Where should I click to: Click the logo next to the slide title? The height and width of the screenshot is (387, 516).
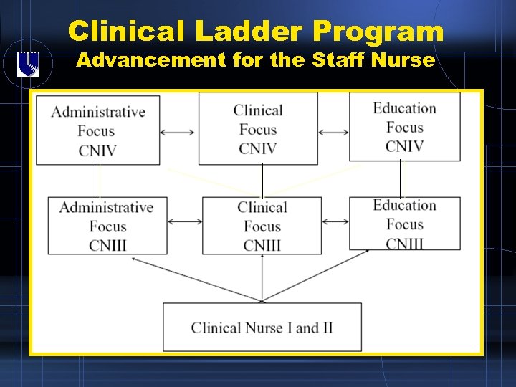click(x=28, y=64)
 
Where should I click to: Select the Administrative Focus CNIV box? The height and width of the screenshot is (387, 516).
click(x=98, y=130)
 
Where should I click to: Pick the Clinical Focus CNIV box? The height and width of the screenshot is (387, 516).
click(x=258, y=129)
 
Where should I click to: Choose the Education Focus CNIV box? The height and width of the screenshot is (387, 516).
click(x=404, y=127)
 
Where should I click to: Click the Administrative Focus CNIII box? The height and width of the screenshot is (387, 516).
click(x=107, y=226)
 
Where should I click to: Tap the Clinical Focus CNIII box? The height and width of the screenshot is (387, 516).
click(x=262, y=226)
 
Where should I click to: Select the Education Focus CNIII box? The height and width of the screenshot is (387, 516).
click(x=404, y=224)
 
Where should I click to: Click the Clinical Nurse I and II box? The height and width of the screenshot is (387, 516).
click(x=262, y=328)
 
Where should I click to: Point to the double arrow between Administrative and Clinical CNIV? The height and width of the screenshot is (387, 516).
click(x=178, y=132)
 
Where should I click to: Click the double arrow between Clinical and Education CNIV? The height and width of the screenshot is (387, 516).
click(x=333, y=132)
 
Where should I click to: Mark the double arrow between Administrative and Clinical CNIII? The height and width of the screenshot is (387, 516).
click(x=185, y=222)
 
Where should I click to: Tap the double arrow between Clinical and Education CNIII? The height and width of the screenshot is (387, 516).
click(x=335, y=221)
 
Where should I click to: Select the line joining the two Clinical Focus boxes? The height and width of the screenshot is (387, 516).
click(x=262, y=181)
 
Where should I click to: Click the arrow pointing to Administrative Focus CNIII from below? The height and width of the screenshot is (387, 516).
click(x=193, y=279)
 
